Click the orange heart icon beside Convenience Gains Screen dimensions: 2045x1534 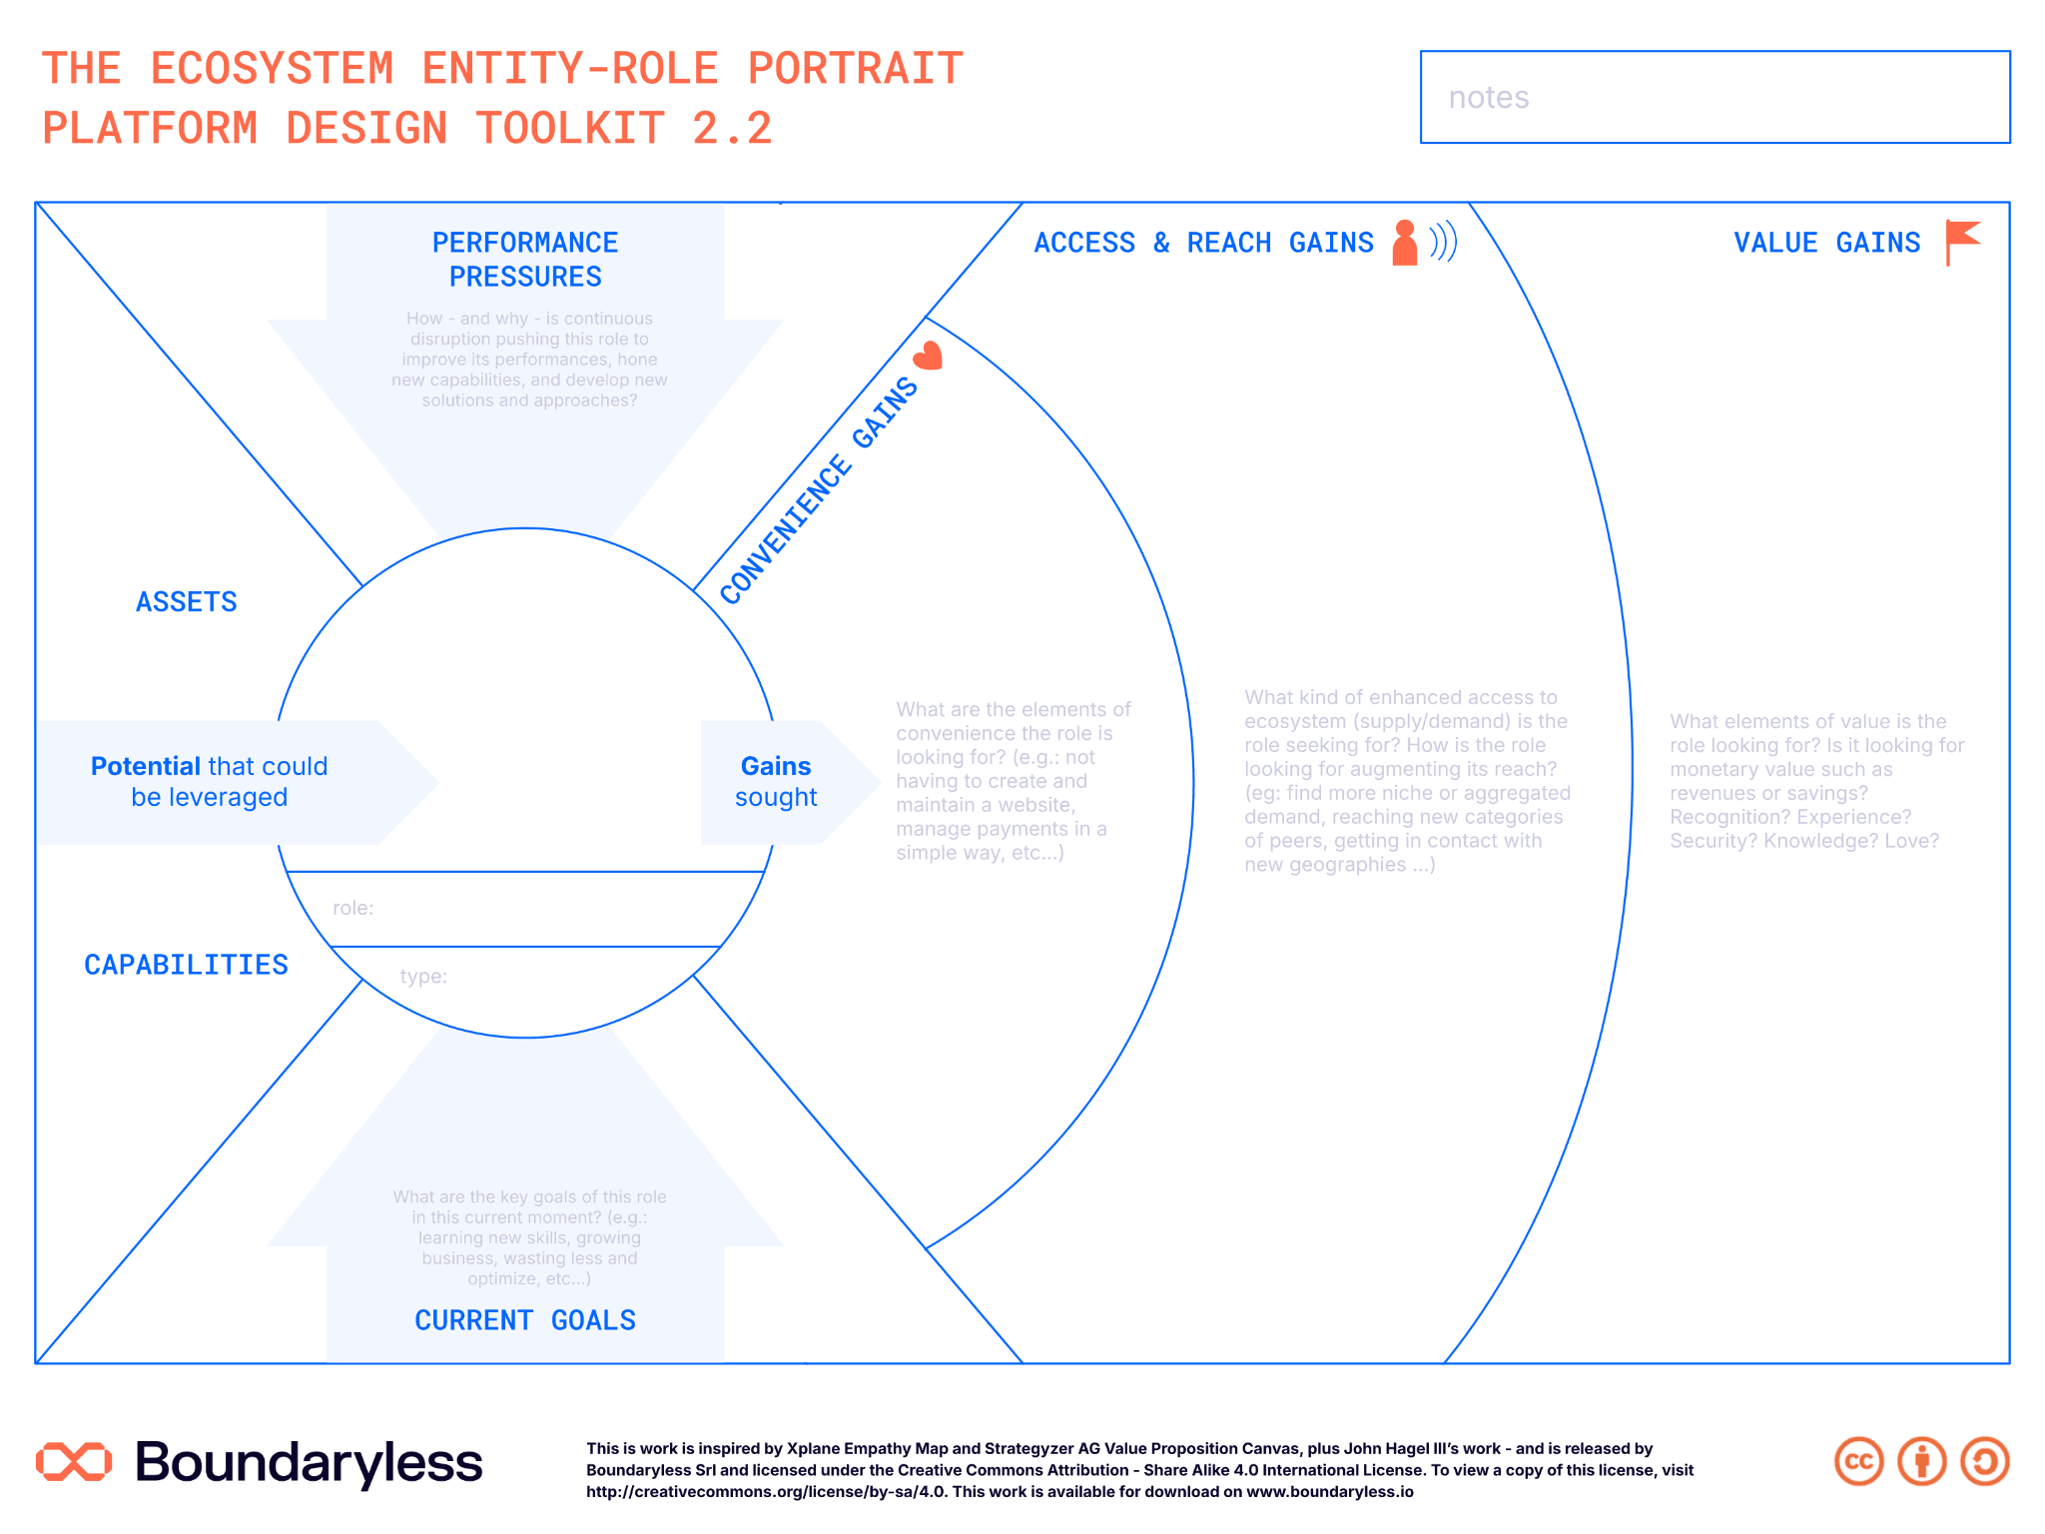pos(929,356)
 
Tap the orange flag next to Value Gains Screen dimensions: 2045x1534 pos(1962,243)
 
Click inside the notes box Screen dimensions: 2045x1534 pos(1714,97)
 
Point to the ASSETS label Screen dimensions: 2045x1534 pos(187,602)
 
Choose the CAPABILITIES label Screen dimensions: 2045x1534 pos(187,965)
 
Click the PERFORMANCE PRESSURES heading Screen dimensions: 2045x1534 pos(525,260)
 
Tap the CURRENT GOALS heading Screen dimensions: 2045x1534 pos(525,1320)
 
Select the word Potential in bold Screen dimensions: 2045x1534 pos(146,766)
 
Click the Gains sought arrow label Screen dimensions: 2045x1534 pos(776,782)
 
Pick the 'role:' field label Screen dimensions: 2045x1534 pos(353,908)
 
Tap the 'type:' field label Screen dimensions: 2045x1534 pos(423,976)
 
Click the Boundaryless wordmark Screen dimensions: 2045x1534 pos(309,1463)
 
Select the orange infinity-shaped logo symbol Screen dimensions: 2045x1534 pos(74,1461)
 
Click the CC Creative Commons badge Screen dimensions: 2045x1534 pos(1859,1462)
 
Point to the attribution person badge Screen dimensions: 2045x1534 pos(1922,1462)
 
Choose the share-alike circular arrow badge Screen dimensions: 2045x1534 pos(1985,1462)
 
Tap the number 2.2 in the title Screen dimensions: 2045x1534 pos(732,129)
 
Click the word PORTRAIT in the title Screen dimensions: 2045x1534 pos(856,69)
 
